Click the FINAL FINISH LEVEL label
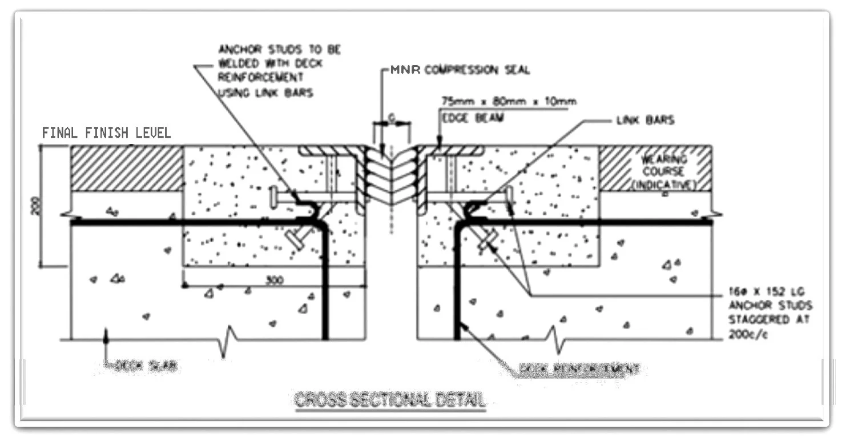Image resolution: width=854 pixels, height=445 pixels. click(106, 133)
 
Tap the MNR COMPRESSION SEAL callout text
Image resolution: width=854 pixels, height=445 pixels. click(460, 70)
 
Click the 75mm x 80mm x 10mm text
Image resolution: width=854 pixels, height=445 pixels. click(509, 102)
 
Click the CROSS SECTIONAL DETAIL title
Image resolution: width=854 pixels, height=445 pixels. click(390, 399)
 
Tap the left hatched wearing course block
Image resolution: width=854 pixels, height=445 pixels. click(127, 169)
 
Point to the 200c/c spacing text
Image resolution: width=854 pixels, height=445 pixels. click(747, 334)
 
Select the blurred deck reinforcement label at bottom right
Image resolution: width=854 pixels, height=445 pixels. click(579, 369)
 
